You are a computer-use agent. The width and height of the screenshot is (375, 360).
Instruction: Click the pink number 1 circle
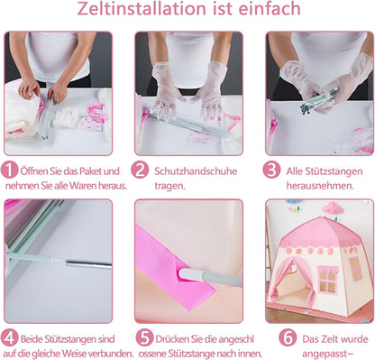(x=9, y=170)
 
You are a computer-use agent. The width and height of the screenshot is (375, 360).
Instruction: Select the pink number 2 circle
(x=140, y=170)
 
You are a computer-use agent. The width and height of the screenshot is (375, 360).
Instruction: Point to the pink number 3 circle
(x=271, y=170)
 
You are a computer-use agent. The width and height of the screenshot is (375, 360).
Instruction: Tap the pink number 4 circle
(x=9, y=337)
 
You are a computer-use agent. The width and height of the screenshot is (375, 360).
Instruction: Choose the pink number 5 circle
(x=145, y=337)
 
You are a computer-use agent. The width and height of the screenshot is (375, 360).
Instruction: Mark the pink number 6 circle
(x=288, y=337)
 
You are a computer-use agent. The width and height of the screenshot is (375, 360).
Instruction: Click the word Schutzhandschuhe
(x=196, y=171)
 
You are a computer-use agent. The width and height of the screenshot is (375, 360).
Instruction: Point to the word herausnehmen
(x=319, y=186)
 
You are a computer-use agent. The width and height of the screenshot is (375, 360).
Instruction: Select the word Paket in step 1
(x=90, y=171)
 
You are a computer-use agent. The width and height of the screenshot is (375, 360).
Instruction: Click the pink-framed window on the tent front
(x=327, y=280)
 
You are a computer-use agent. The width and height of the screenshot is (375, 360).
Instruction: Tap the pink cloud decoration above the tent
(x=333, y=208)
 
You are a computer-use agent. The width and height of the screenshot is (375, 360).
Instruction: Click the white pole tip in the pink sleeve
(x=187, y=274)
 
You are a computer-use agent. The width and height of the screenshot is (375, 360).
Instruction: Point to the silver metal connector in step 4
(x=88, y=264)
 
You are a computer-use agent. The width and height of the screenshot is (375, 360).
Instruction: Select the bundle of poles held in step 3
(x=319, y=100)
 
